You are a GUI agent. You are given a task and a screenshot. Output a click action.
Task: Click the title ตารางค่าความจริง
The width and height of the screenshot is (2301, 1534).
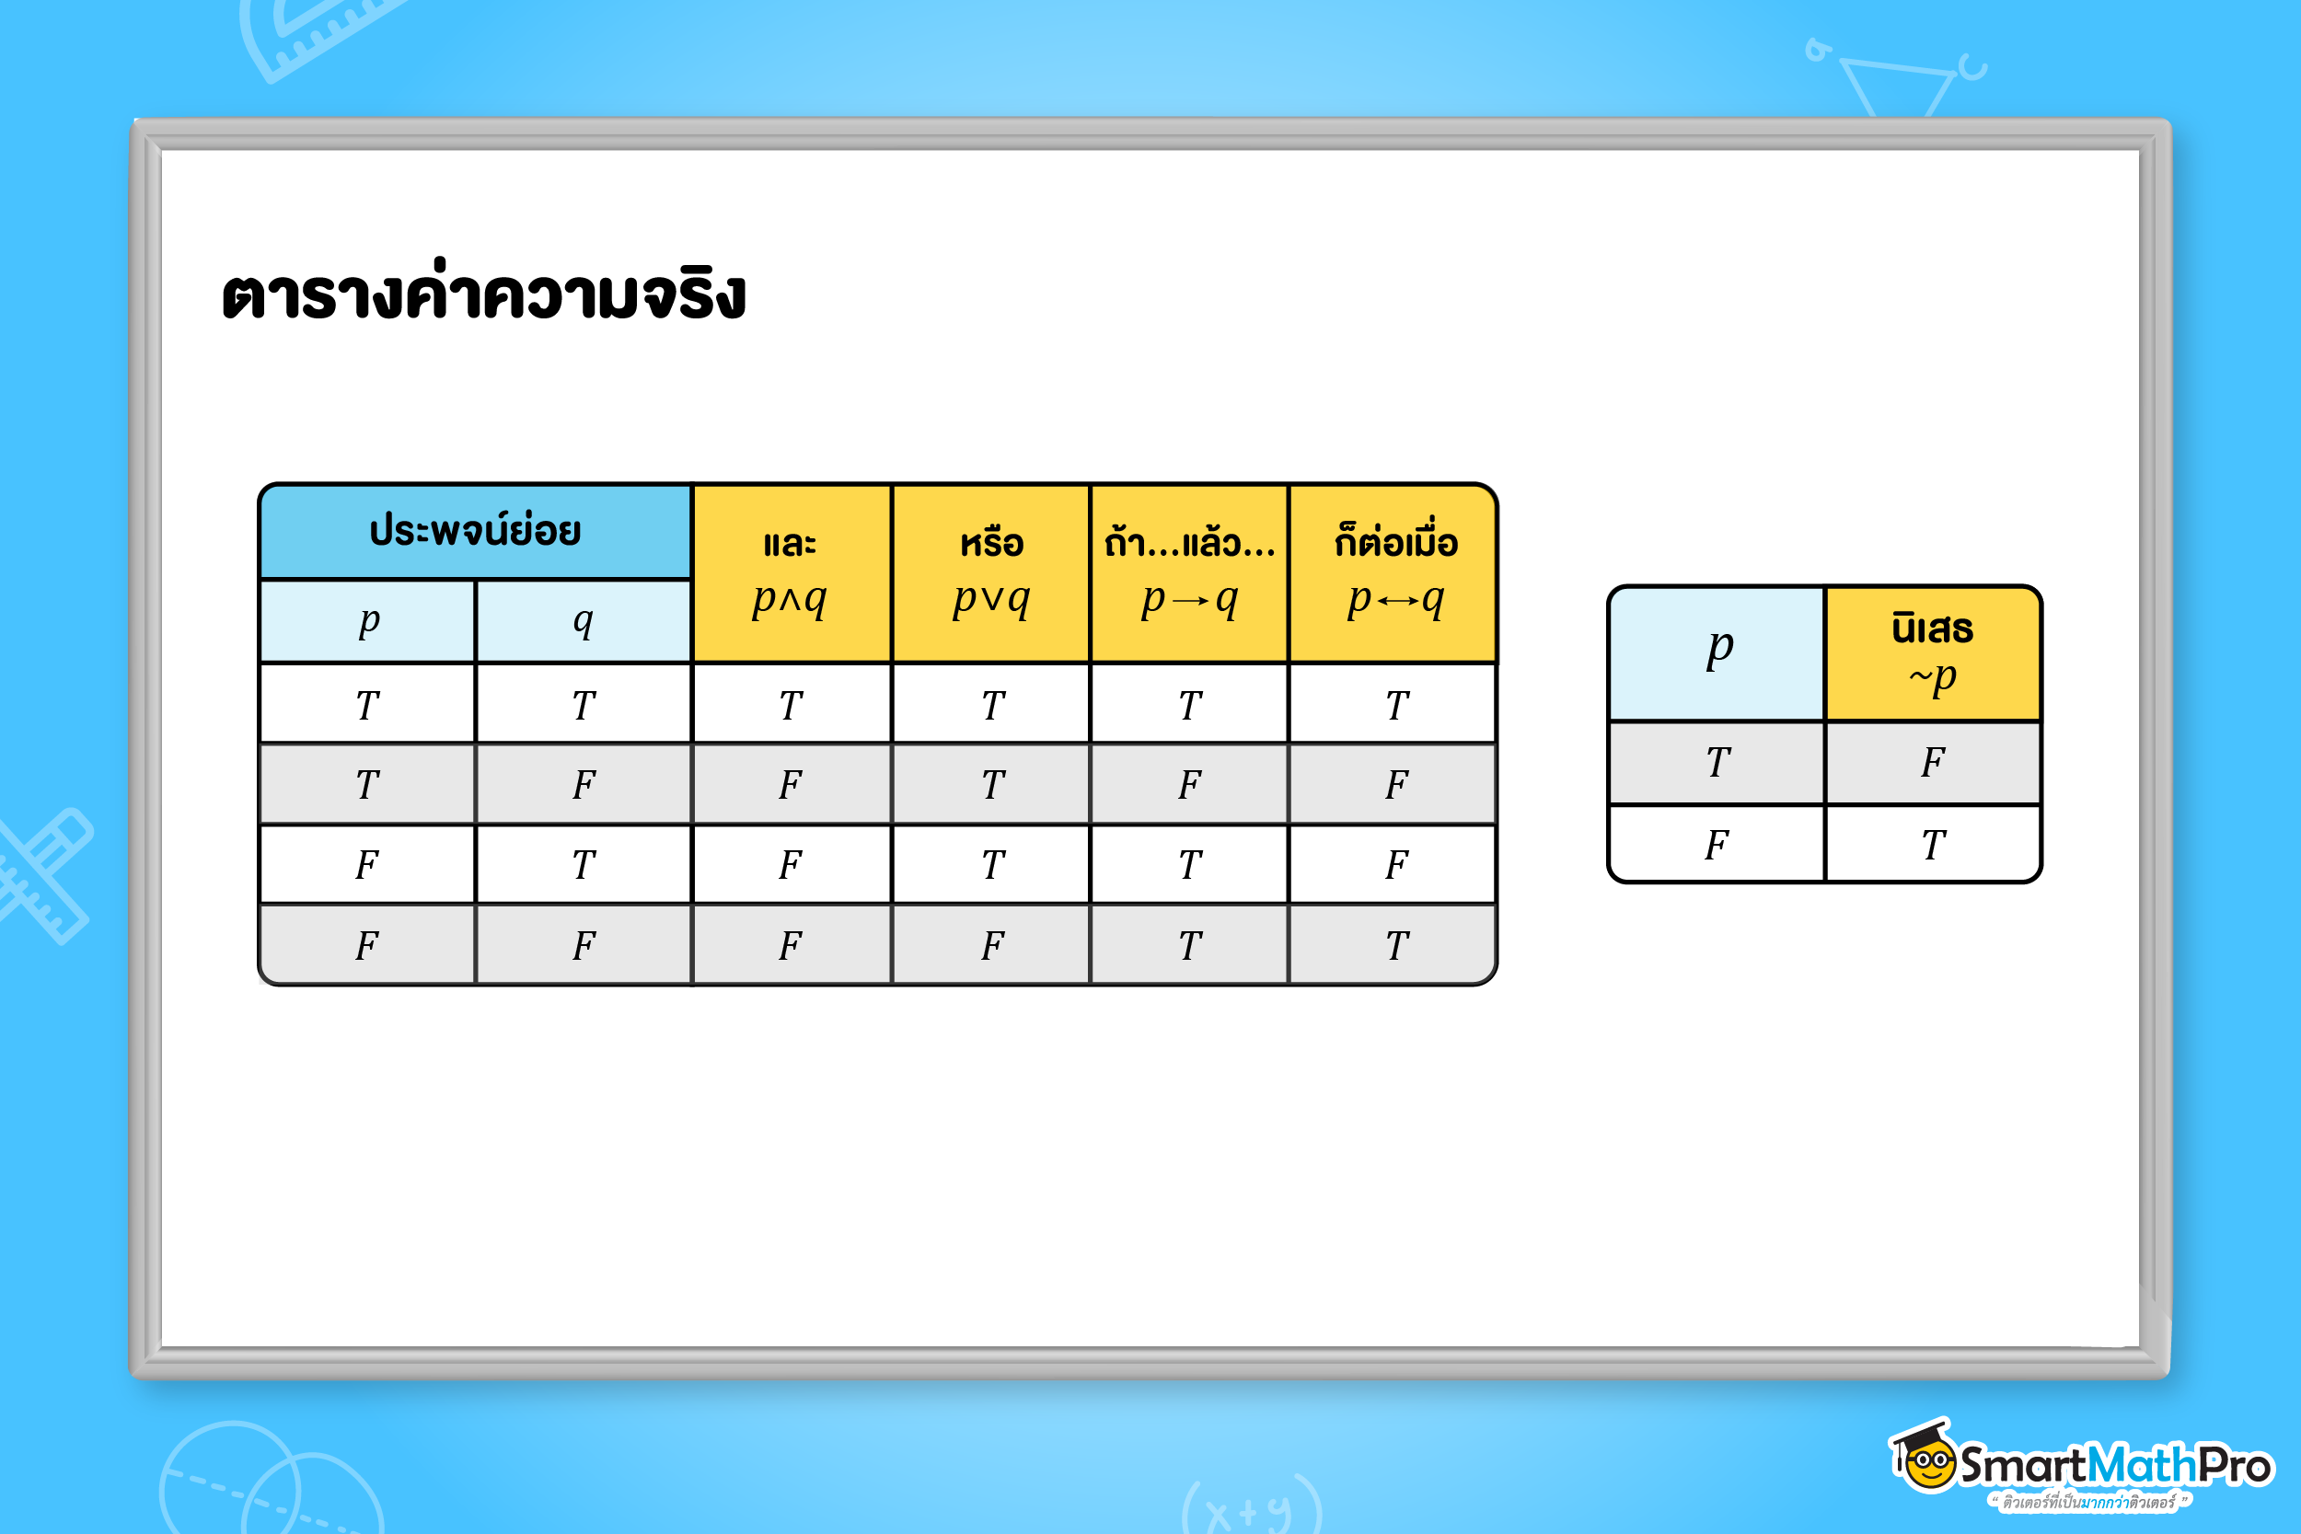click(x=483, y=294)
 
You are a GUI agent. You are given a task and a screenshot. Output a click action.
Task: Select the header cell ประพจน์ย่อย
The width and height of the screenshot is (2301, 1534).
click(x=476, y=531)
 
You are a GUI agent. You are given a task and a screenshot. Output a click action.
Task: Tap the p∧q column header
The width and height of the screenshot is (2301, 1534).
click(x=791, y=573)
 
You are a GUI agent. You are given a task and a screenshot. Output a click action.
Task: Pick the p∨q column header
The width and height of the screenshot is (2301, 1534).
click(x=991, y=573)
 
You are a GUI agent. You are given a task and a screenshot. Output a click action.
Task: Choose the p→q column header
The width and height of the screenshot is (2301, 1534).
click(x=1190, y=573)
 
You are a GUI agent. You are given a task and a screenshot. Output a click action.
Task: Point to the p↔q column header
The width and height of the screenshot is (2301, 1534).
click(x=1395, y=573)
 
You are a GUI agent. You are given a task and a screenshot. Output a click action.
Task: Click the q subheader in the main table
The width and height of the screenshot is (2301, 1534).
click(x=584, y=620)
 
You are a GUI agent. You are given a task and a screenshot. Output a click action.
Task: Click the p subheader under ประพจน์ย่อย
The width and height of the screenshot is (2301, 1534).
click(x=368, y=620)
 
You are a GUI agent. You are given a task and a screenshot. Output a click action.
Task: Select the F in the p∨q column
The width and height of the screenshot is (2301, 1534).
click(x=992, y=945)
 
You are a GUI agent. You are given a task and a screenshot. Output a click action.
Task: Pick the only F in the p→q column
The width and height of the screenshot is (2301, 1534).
click(x=1190, y=785)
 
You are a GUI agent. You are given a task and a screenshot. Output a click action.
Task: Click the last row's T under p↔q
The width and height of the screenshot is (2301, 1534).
click(x=1396, y=945)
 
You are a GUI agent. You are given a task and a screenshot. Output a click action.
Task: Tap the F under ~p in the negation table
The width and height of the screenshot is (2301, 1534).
click(x=1932, y=762)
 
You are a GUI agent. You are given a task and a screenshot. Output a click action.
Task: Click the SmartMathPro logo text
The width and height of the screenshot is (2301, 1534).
click(x=2114, y=1466)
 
